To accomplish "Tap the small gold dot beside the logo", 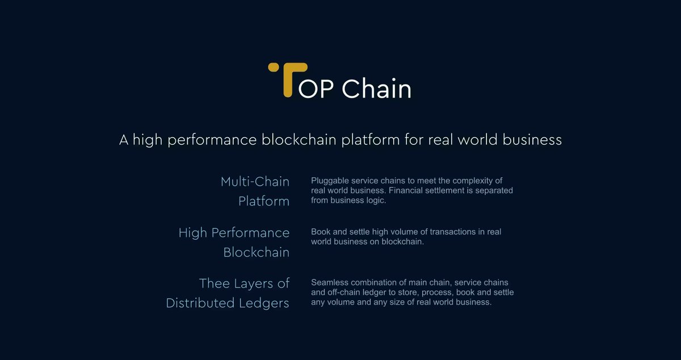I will tap(272, 68).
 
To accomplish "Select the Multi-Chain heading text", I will tap(255, 182).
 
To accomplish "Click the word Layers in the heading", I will tap(256, 283).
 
